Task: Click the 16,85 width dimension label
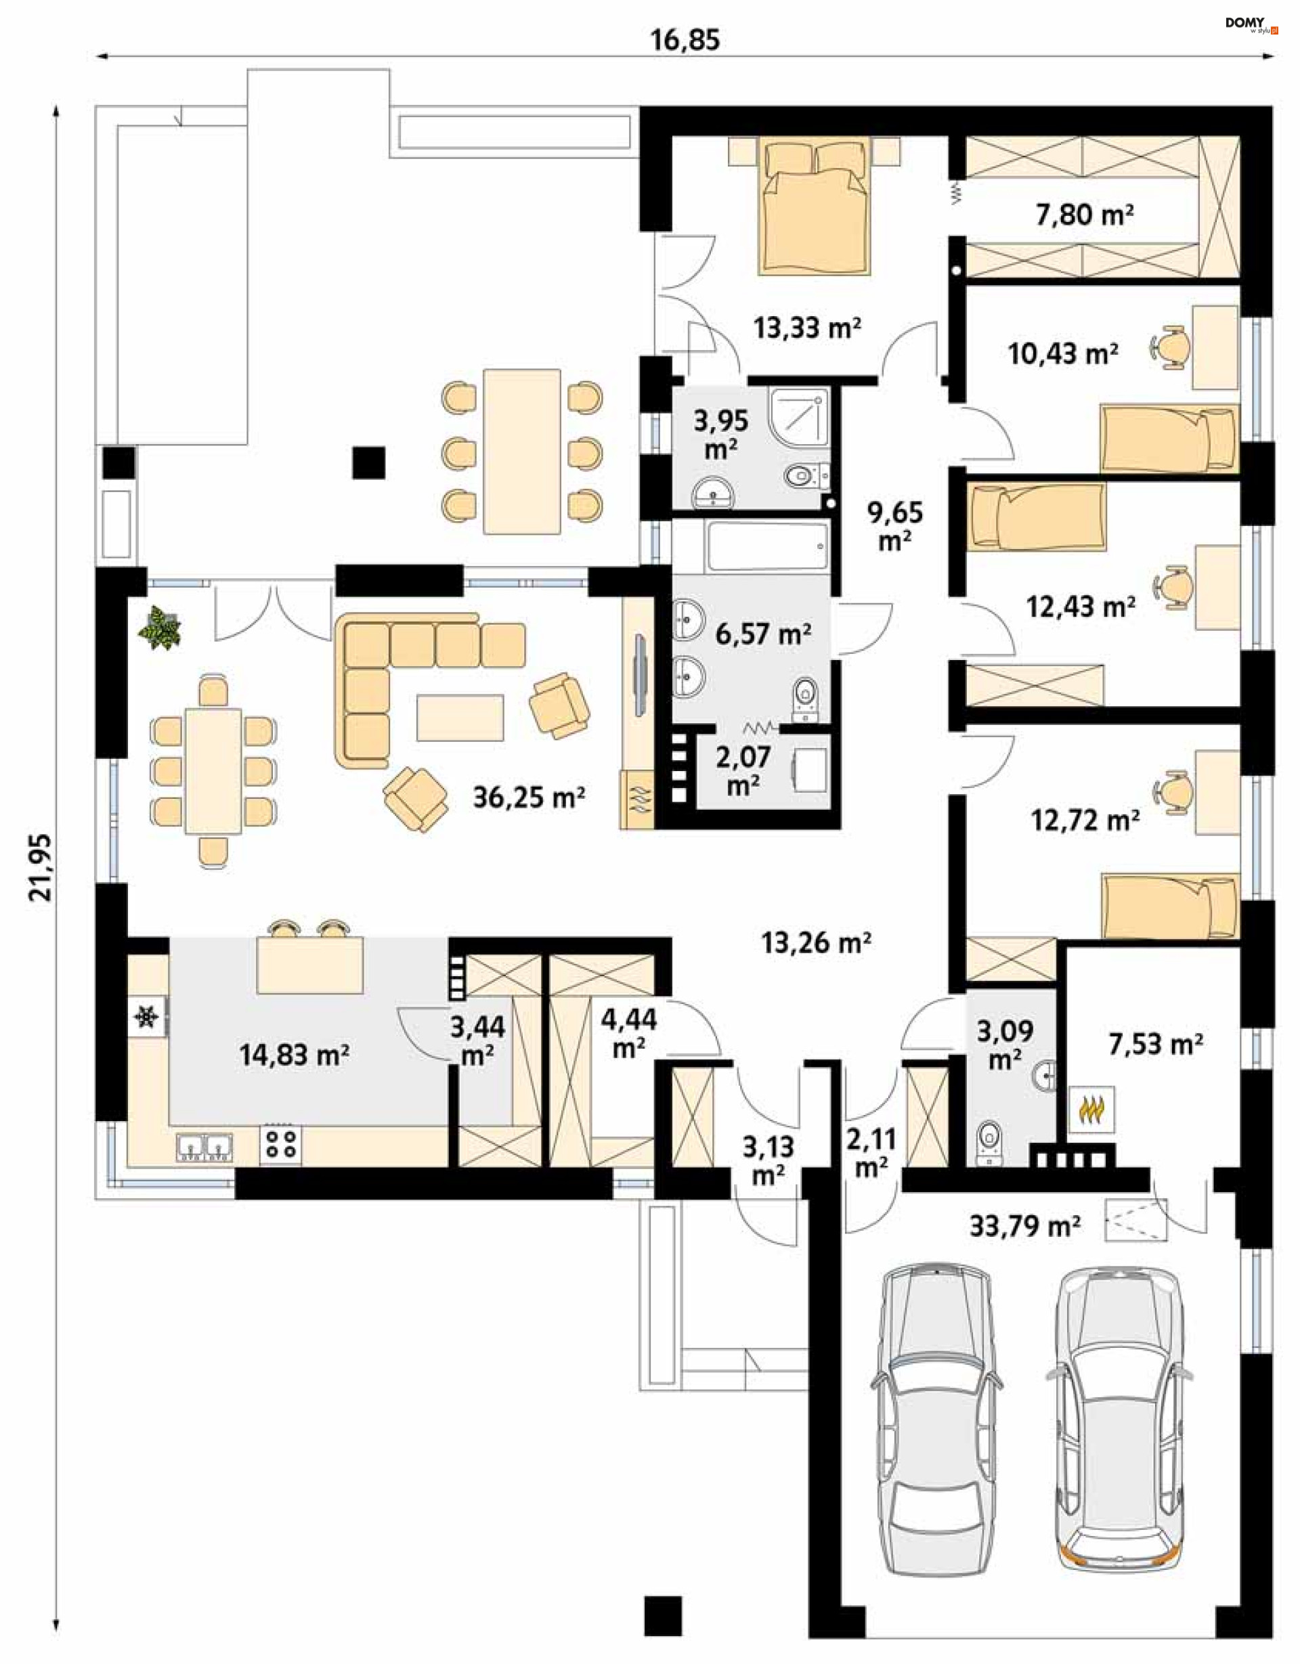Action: (x=685, y=40)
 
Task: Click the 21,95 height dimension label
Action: (x=41, y=868)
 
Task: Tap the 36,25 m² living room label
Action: (x=529, y=797)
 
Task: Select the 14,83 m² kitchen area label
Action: (x=294, y=1055)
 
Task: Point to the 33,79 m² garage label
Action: (x=1025, y=1226)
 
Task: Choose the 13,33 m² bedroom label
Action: (x=808, y=328)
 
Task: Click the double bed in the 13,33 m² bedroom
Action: (x=814, y=206)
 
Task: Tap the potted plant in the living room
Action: (x=160, y=628)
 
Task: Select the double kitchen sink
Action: (x=204, y=1147)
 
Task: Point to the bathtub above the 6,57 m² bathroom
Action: (x=766, y=546)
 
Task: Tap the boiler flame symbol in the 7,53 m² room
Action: (x=1093, y=1110)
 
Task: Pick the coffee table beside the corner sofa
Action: (x=460, y=717)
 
